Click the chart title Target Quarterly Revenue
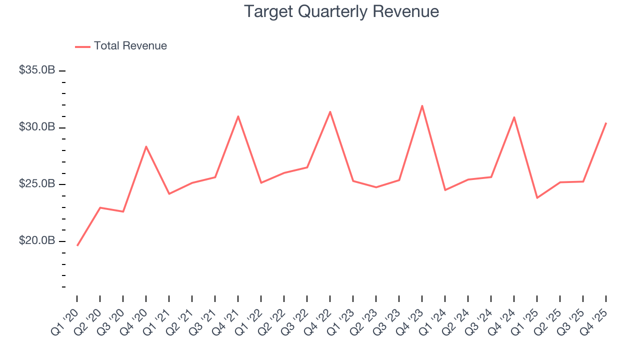341,11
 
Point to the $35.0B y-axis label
37,70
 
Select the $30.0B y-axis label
37,127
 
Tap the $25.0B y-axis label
37,184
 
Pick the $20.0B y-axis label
37,241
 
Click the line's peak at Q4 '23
422,106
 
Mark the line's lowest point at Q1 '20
77,245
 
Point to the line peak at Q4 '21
238,116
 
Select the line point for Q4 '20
146,146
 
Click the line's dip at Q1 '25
537,198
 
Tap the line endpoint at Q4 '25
606,123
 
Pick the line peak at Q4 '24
514,117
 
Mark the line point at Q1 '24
445,190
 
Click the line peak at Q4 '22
330,111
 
